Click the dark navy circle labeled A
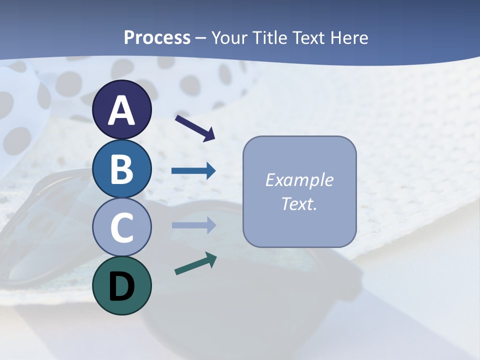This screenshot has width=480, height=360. point(121,109)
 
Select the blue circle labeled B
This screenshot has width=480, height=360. point(121,168)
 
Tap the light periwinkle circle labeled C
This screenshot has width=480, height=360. point(121,227)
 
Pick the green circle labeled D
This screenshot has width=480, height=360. point(121,285)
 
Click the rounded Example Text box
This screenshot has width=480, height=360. point(299,191)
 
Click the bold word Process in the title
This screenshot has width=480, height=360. point(157,37)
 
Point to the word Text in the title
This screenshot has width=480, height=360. point(312,37)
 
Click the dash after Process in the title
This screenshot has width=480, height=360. point(201,38)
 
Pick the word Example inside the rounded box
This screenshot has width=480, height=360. point(299,180)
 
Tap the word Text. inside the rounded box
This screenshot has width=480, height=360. point(299,204)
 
